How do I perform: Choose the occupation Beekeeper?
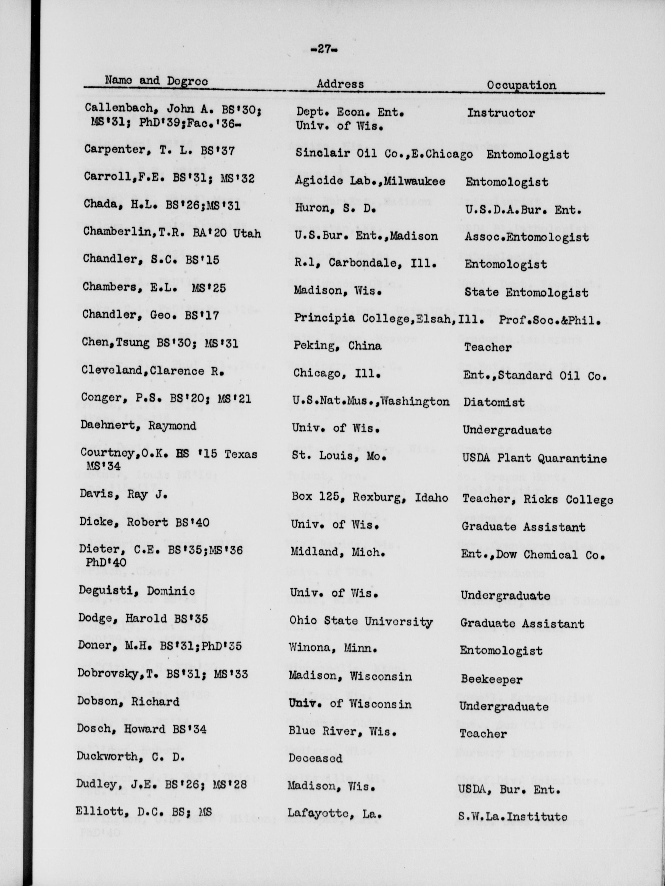(x=491, y=679)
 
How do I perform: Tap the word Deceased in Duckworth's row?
(x=315, y=758)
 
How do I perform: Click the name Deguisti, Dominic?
(x=137, y=591)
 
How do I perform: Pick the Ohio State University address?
(x=361, y=622)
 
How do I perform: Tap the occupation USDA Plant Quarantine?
(x=534, y=458)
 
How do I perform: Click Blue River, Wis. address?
(x=342, y=731)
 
